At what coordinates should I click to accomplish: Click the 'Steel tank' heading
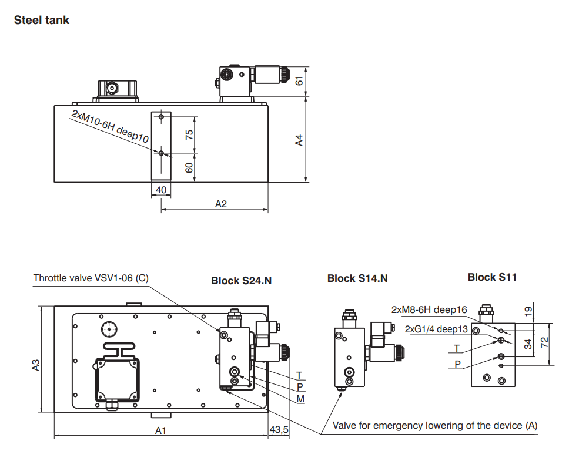tap(41, 20)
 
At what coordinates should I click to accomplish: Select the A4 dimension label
tap(299, 140)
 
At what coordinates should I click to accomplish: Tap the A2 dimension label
tap(221, 204)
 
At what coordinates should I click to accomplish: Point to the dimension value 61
tap(299, 80)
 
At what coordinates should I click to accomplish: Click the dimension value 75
tap(189, 134)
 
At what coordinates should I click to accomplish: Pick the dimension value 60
tap(189, 167)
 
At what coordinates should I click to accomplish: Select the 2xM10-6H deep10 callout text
tap(110, 125)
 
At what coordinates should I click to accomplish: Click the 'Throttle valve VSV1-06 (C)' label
tap(91, 278)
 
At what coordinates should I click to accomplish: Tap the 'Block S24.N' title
tap(241, 281)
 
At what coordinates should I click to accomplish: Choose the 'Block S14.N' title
tap(357, 278)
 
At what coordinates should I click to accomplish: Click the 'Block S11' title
tap(492, 277)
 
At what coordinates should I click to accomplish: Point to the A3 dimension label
tap(36, 365)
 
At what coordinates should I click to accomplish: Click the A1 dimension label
tap(161, 430)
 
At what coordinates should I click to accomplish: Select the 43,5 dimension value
tap(279, 430)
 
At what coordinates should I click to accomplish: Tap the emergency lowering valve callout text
tap(435, 425)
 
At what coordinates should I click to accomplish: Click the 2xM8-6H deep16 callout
tap(429, 309)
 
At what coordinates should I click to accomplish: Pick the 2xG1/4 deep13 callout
tap(436, 329)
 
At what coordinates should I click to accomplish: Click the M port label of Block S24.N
tap(300, 399)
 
